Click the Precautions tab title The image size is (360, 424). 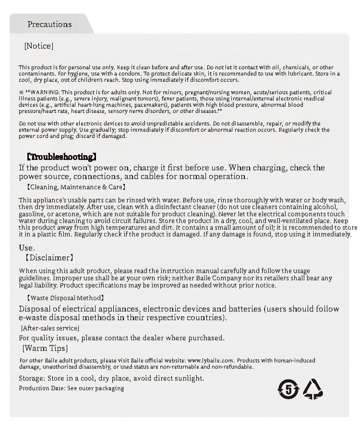click(49, 24)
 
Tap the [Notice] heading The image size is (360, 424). click(38, 46)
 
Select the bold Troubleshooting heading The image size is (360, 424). click(61, 157)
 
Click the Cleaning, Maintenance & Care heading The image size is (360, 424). click(76, 187)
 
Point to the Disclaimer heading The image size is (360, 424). click(49, 258)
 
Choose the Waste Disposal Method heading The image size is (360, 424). click(65, 298)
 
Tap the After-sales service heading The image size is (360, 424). click(50, 328)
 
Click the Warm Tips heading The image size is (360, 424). click(45, 348)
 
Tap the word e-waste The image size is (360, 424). click(33, 318)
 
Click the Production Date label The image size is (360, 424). click(41, 388)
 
